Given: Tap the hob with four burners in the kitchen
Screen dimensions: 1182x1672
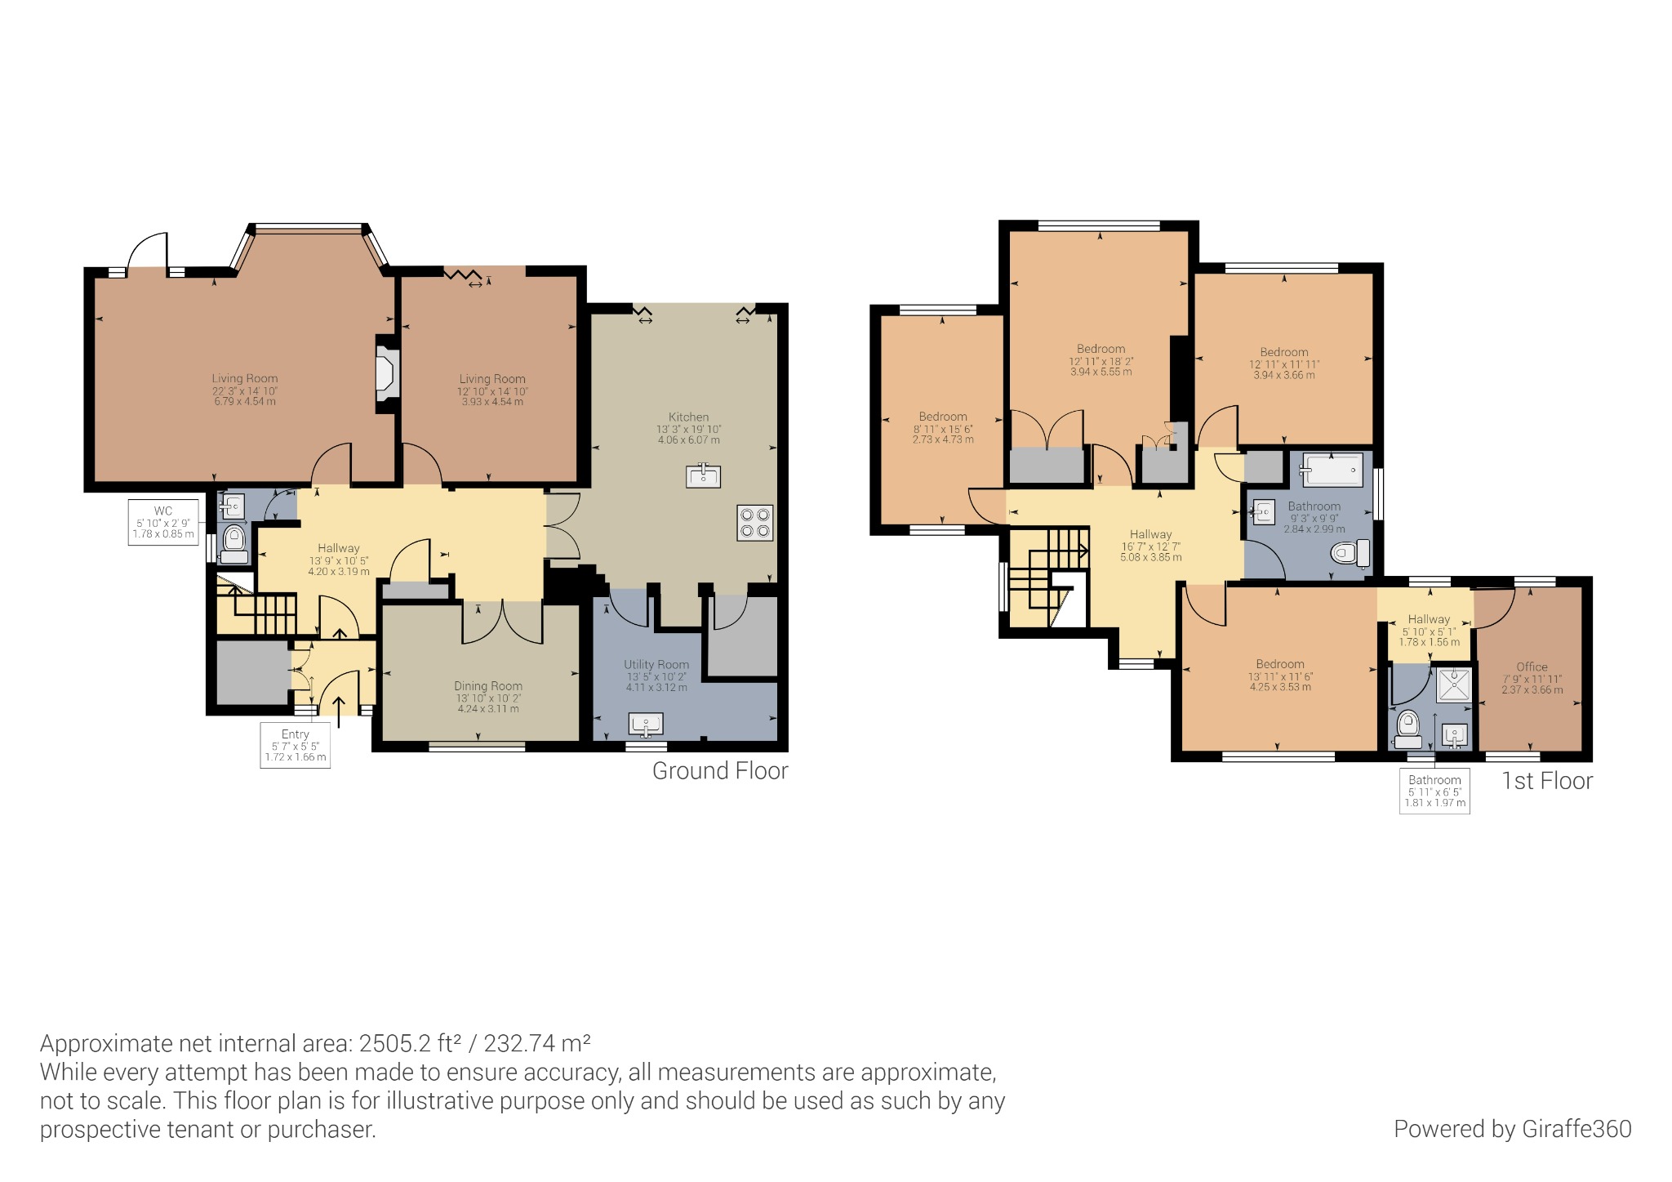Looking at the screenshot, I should pyautogui.click(x=754, y=523).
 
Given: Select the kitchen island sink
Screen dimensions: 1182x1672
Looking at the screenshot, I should pyautogui.click(x=703, y=475).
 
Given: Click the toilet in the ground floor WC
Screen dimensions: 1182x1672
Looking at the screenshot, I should pyautogui.click(x=234, y=542).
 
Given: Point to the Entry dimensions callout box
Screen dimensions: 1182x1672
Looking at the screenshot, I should pyautogui.click(x=296, y=745).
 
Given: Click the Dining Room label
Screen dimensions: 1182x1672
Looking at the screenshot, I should pyautogui.click(x=488, y=686).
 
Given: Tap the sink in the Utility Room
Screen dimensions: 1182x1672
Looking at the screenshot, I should pyautogui.click(x=646, y=724).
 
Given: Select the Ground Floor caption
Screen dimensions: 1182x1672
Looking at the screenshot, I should pyautogui.click(x=720, y=771).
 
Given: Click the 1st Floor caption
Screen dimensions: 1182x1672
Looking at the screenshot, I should pyautogui.click(x=1547, y=781).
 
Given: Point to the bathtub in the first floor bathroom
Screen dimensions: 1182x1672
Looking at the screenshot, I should pyautogui.click(x=1332, y=471).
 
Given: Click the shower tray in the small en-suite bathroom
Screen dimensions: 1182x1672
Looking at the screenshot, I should pyautogui.click(x=1453, y=685).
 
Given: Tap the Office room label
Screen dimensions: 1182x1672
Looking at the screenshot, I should pyautogui.click(x=1532, y=667).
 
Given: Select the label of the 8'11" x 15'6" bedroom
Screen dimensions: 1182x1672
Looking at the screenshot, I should pyautogui.click(x=943, y=417).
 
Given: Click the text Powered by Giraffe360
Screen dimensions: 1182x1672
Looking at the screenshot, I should pyautogui.click(x=1512, y=1129).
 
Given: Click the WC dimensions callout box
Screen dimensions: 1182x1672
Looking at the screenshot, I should pyautogui.click(x=163, y=523).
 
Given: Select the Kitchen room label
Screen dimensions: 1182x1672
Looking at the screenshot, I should pyautogui.click(x=688, y=417).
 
